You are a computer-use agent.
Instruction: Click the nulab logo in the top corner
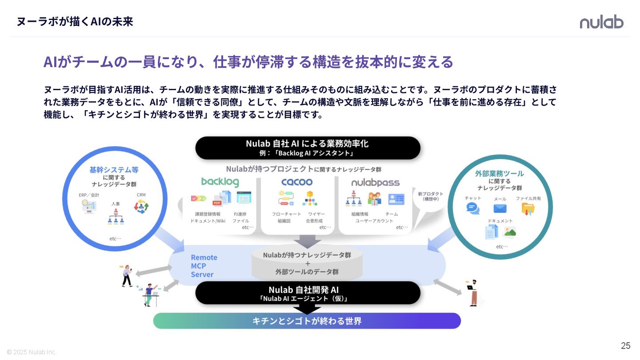[x=601, y=22]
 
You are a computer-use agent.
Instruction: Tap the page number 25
[x=625, y=346]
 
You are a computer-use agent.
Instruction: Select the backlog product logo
[x=220, y=182]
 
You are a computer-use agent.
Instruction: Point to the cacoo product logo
[x=297, y=182]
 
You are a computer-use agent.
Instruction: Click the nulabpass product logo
[x=375, y=183]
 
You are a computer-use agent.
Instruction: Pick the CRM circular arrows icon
[x=141, y=206]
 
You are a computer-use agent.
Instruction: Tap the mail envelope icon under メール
[x=500, y=208]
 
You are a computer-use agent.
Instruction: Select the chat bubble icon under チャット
[x=473, y=208]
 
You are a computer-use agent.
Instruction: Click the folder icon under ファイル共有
[x=528, y=208]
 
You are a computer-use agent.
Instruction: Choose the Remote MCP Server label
[x=204, y=266]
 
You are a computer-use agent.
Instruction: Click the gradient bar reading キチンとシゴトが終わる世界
[x=307, y=321]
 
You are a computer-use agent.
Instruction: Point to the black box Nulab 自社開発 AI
[x=308, y=293]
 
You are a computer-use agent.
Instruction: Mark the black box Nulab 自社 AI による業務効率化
[x=308, y=148]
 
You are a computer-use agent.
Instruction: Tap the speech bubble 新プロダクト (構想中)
[x=430, y=196]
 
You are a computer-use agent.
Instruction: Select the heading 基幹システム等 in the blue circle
[x=114, y=170]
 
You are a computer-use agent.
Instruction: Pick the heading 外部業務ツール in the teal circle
[x=499, y=173]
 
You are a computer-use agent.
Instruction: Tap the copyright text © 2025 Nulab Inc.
[x=32, y=352]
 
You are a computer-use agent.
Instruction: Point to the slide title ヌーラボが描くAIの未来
[x=75, y=21]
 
